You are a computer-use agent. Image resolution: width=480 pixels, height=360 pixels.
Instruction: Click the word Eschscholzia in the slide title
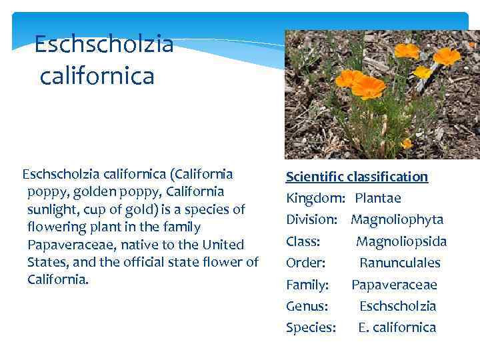pos(103,45)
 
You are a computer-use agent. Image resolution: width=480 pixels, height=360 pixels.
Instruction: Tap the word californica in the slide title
pos(97,75)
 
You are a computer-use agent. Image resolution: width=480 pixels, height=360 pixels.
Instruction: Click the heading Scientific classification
pos(357,177)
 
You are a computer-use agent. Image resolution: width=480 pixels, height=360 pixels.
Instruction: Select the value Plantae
pos(378,198)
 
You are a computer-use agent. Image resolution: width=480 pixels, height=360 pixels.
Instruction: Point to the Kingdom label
pos(315,198)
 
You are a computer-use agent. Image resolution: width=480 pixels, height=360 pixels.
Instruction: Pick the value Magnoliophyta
pos(397,219)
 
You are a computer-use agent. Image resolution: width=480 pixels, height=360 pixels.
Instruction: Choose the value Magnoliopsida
pos(401,241)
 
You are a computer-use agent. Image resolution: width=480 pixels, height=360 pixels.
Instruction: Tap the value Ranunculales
pos(400,263)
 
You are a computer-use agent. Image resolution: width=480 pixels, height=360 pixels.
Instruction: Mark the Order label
pos(305,263)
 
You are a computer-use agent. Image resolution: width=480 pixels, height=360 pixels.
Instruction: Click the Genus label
pos(307,306)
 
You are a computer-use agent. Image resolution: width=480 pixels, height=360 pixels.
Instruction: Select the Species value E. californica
pos(397,327)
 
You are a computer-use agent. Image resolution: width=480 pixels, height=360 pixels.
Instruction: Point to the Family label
pos(307,285)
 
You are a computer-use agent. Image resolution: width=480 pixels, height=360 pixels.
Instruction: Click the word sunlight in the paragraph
pos(53,209)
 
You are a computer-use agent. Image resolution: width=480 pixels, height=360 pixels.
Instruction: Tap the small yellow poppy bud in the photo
pos(421,72)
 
